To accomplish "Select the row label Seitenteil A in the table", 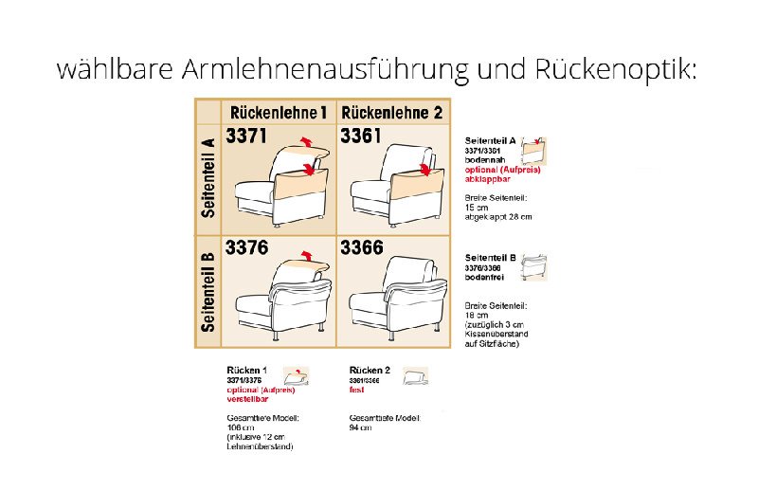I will [x=208, y=177].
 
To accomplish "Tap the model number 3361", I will [x=361, y=136].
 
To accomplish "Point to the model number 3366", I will [x=361, y=248].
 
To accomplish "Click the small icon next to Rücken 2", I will [x=414, y=375].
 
